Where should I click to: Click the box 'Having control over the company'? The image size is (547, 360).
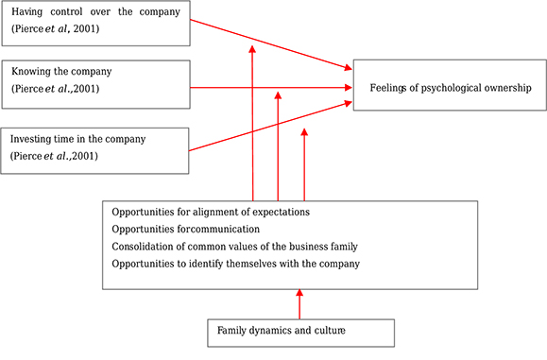95,23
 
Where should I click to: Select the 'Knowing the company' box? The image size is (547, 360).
95,80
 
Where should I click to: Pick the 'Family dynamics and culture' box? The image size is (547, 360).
300,332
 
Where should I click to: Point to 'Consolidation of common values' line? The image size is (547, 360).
223,246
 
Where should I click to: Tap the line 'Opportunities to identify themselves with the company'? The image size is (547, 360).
235,264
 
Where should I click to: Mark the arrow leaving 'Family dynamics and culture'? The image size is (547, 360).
299,304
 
